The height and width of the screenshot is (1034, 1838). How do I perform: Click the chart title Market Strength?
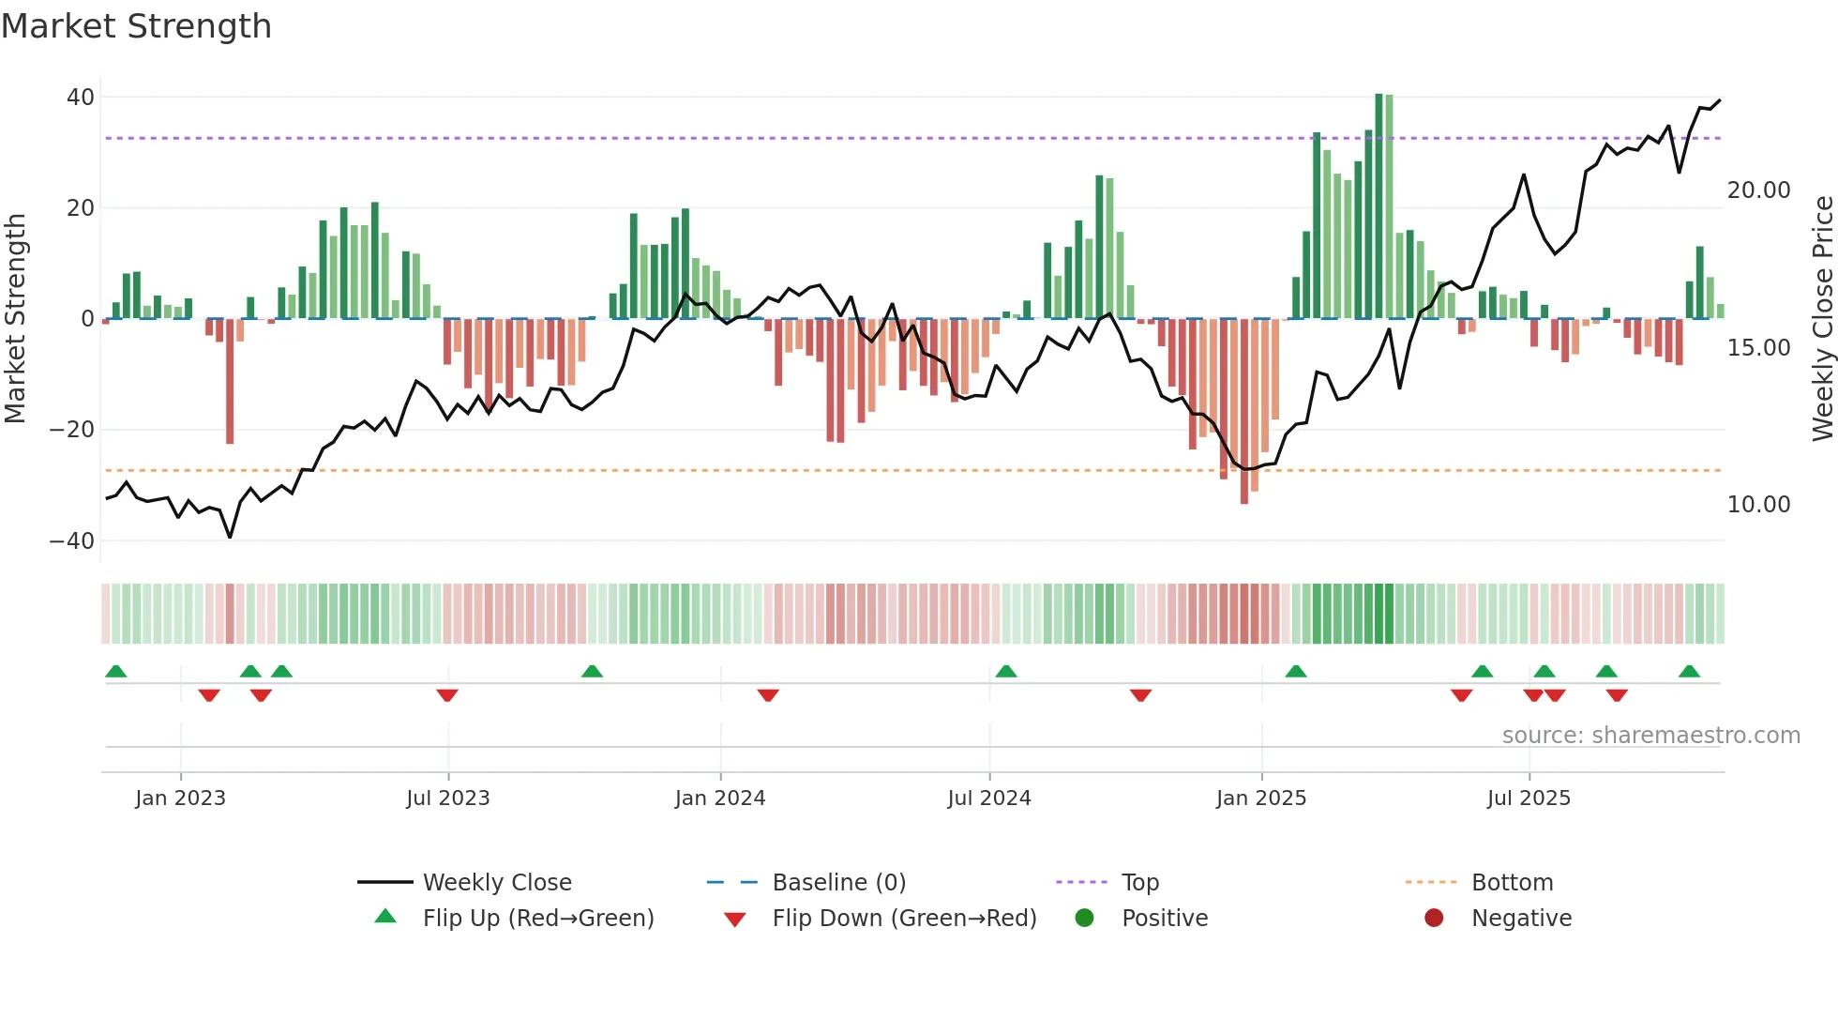[x=136, y=26]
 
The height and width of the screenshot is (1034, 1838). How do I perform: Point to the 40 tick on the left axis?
[x=81, y=98]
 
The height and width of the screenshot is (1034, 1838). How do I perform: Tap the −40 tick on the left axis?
[x=72, y=541]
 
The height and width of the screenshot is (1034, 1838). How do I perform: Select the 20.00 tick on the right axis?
[x=1758, y=190]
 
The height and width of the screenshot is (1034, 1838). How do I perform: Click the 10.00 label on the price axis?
[x=1758, y=505]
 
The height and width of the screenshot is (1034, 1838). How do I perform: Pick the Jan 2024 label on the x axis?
[x=719, y=798]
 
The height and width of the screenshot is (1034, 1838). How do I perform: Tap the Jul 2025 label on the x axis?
[x=1528, y=798]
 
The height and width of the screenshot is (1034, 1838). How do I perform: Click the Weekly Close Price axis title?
[x=1822, y=319]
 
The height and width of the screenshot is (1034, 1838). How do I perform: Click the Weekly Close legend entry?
[x=496, y=883]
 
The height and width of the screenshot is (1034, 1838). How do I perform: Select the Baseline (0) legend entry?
[x=838, y=883]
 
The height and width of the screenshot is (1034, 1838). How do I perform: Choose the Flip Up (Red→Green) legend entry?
[x=537, y=919]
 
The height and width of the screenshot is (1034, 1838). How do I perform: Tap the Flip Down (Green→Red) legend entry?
[x=903, y=919]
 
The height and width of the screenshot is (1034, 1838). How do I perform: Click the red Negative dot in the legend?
[x=1433, y=919]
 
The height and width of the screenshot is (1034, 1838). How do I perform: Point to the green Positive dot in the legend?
[x=1084, y=919]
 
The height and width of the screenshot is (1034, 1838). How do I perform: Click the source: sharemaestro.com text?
[x=1650, y=736]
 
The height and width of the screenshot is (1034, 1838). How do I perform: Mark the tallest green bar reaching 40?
[x=1378, y=206]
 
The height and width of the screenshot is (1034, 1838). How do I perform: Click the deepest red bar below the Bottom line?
[x=1243, y=413]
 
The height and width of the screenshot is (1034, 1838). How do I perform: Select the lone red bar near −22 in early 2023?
[x=230, y=382]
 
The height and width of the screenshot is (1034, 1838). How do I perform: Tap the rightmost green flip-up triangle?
[x=1689, y=672]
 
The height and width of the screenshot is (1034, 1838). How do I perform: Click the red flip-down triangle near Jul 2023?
[x=447, y=695]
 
